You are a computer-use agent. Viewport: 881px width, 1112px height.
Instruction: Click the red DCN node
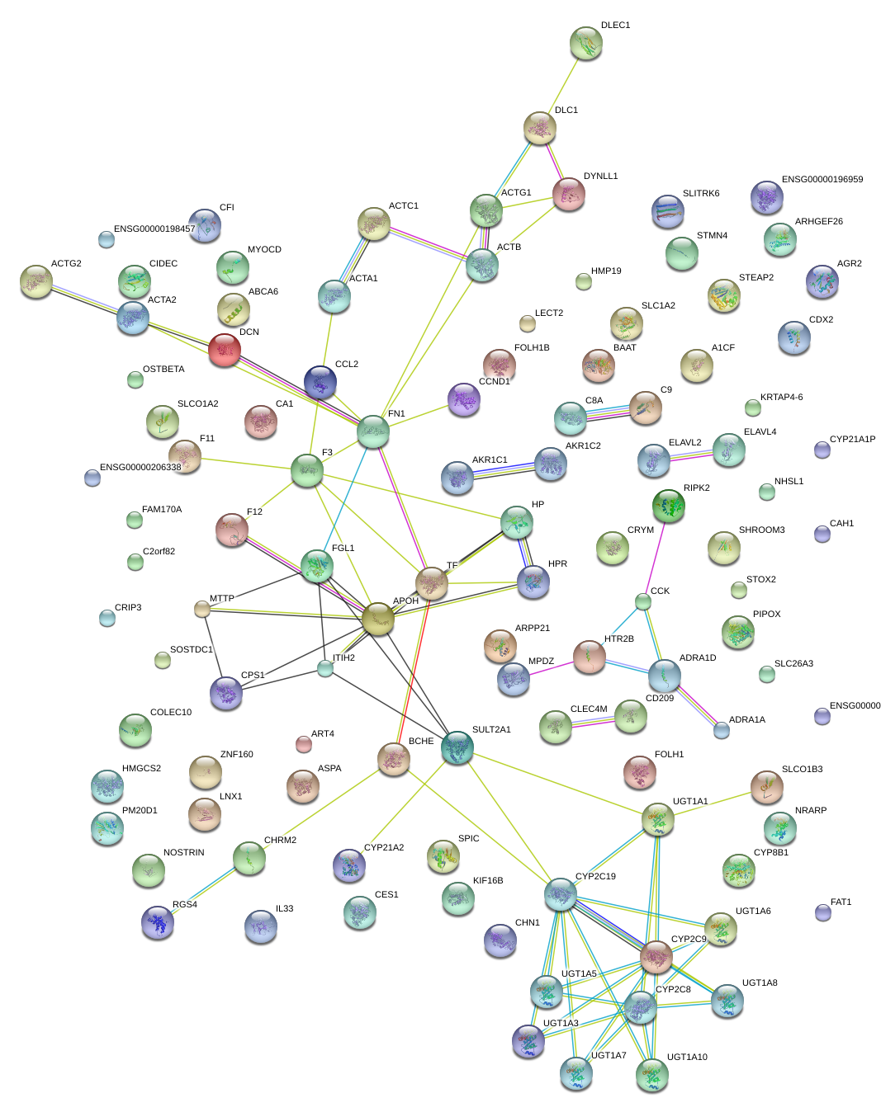tap(225, 350)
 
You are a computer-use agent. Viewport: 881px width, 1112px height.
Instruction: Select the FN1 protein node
tap(373, 431)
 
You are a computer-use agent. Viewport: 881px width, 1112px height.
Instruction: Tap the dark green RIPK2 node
tap(668, 506)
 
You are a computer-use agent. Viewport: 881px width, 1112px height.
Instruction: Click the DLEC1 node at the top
tap(585, 43)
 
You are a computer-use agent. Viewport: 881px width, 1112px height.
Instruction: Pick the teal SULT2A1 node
tap(457, 747)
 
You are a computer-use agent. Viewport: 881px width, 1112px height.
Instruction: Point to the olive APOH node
tap(377, 619)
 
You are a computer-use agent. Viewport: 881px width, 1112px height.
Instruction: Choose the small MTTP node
tap(201, 609)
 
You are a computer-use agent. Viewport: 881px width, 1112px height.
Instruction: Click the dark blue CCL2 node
tap(320, 383)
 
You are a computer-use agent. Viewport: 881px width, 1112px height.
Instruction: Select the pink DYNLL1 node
tap(569, 195)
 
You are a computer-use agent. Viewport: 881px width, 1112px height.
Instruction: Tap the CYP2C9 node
tap(656, 957)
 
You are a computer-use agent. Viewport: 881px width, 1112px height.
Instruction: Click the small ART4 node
tap(304, 744)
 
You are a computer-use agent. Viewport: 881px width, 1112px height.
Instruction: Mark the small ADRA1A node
tap(721, 730)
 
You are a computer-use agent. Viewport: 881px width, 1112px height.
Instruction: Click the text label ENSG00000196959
tap(822, 179)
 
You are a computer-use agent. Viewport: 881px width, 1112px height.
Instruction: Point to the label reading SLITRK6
tap(701, 193)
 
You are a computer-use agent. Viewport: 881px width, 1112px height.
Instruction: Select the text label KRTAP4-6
tap(781, 397)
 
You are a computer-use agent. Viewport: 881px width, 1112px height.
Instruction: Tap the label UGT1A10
tap(687, 1057)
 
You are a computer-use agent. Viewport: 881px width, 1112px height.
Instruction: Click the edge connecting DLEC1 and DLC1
tap(563, 85)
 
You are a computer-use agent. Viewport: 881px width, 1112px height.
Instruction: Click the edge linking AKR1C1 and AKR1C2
tap(504, 470)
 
